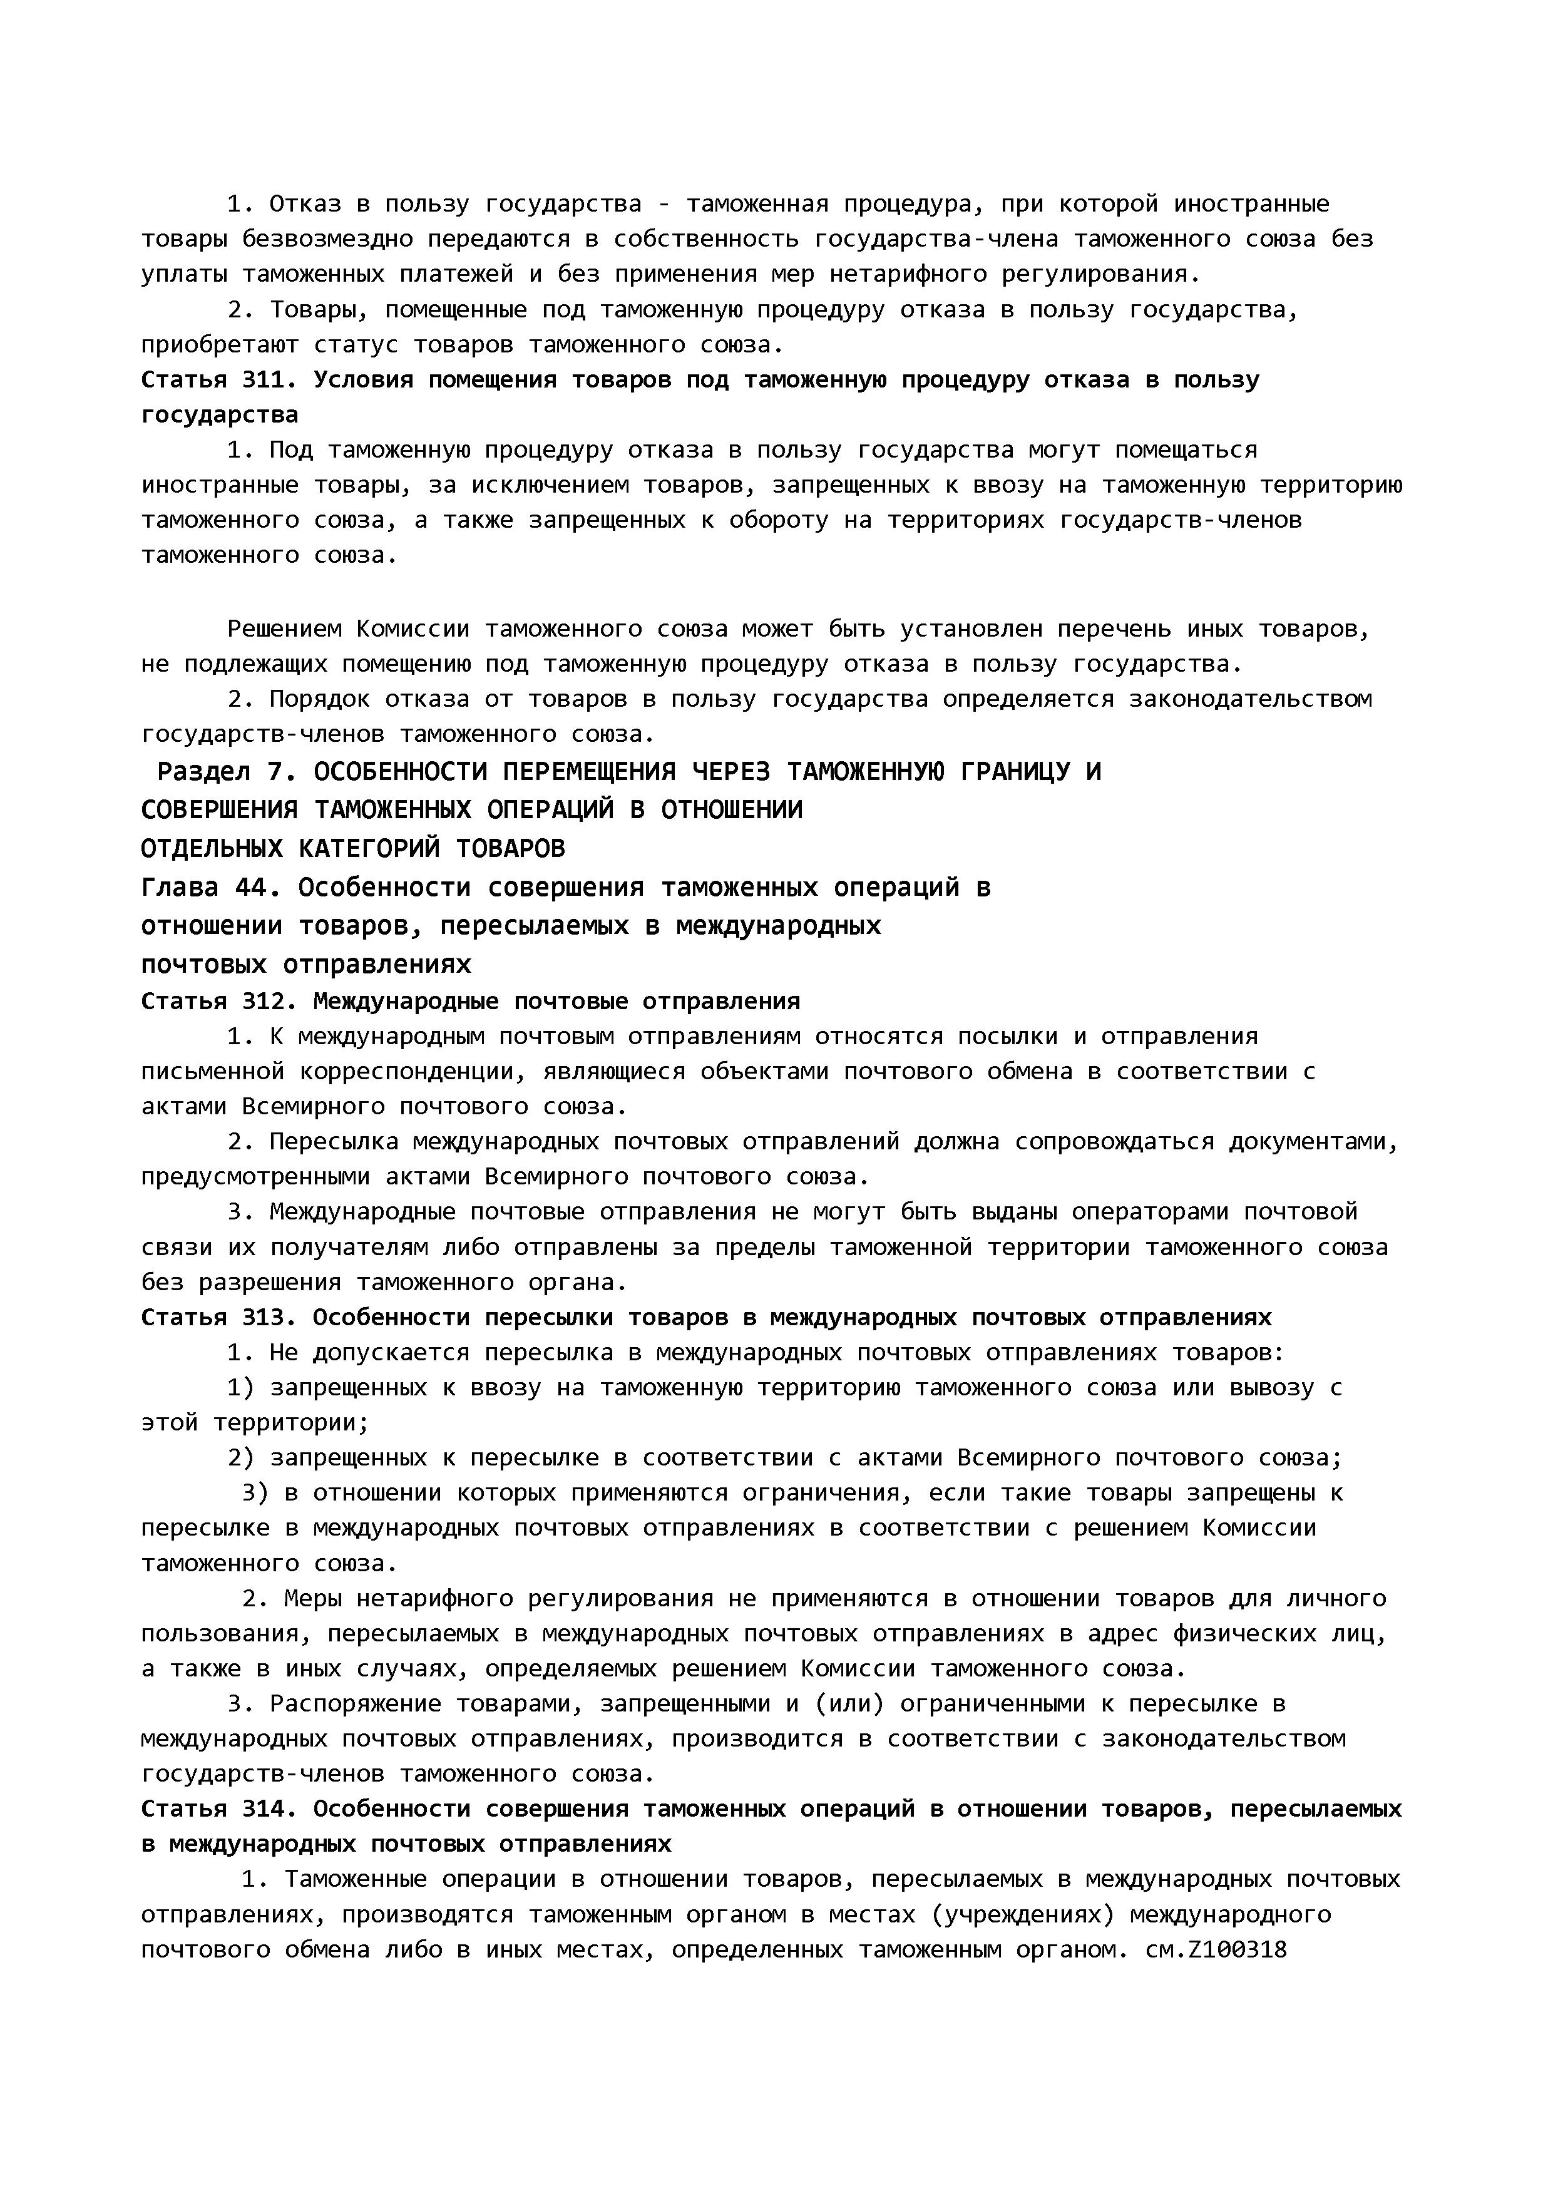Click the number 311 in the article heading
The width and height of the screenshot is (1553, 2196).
pyautogui.click(x=263, y=380)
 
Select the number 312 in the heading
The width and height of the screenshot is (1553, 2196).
pyautogui.click(x=263, y=1002)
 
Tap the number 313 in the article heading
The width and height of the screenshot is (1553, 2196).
pyautogui.click(x=263, y=1317)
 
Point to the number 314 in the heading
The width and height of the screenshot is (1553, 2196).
pyautogui.click(x=263, y=1809)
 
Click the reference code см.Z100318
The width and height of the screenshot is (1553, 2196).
pyautogui.click(x=1216, y=1949)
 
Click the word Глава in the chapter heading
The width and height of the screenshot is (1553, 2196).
pyautogui.click(x=179, y=888)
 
